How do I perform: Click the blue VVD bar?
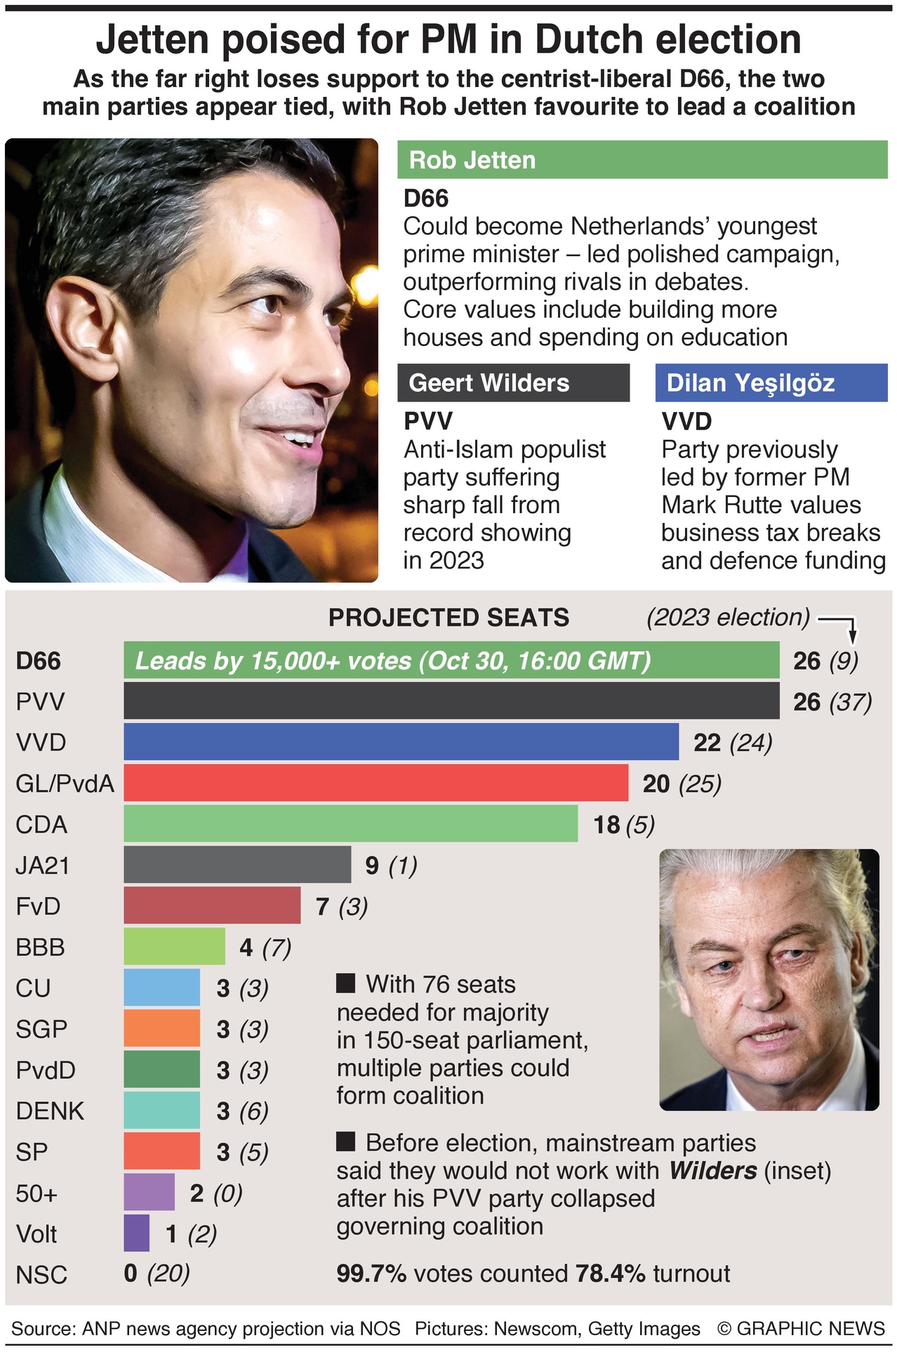[x=401, y=742]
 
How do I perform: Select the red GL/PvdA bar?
[x=376, y=783]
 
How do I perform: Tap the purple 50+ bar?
[x=149, y=1193]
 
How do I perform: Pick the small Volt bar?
[x=136, y=1233]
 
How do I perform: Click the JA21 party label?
[x=43, y=866]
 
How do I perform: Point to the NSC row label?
[x=41, y=1275]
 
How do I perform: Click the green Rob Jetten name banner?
[x=642, y=160]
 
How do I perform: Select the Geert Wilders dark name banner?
[x=512, y=383]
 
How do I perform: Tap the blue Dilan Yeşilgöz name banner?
[x=771, y=383]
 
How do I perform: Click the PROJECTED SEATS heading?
[x=448, y=618]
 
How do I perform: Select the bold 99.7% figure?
[x=371, y=1273]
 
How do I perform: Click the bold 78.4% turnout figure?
[x=610, y=1273]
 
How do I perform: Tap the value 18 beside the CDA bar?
[x=606, y=825]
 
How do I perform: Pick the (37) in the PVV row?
[x=850, y=702]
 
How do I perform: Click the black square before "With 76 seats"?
[x=345, y=983]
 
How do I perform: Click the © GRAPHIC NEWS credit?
[x=801, y=1329]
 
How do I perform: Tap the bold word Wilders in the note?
[x=713, y=1171]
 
